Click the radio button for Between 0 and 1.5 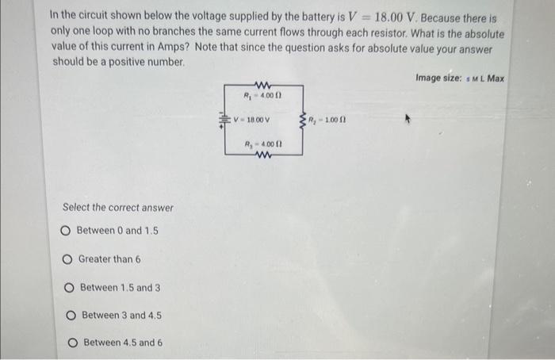(x=67, y=231)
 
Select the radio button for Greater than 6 (x=68, y=259)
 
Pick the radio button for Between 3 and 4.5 (x=72, y=315)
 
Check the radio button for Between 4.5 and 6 (x=73, y=343)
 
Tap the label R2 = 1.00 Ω (x=326, y=121)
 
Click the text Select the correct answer (x=117, y=208)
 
